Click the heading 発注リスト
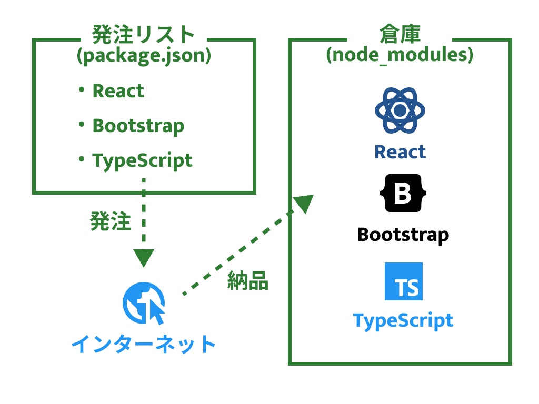click(x=143, y=35)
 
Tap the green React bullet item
click(x=118, y=91)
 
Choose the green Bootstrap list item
click(x=138, y=126)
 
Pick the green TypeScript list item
click(x=142, y=160)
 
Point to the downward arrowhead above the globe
click(x=143, y=257)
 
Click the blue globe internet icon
click(x=144, y=304)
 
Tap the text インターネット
click(x=144, y=344)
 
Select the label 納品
click(x=248, y=281)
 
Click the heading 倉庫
click(x=400, y=35)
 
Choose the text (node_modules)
click(x=400, y=55)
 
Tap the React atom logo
click(x=400, y=110)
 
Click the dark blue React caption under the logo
click(x=400, y=152)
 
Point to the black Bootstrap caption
click(x=403, y=234)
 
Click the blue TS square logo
click(x=403, y=281)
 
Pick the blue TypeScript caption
click(x=403, y=320)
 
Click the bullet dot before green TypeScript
click(x=81, y=158)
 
